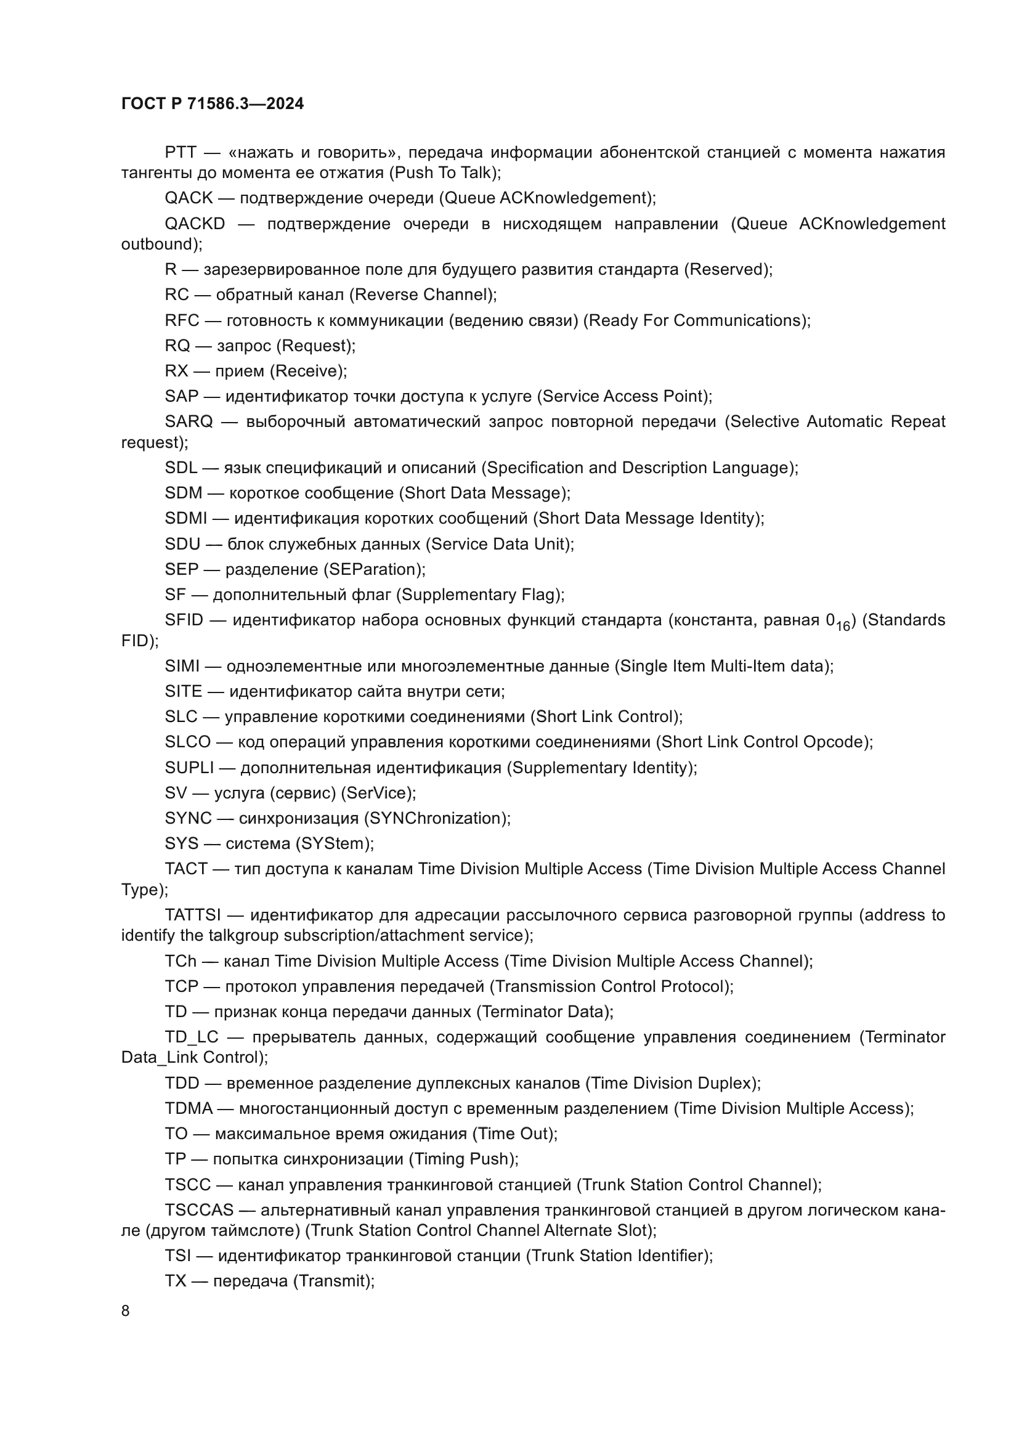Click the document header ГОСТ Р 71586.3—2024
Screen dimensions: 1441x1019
click(x=212, y=104)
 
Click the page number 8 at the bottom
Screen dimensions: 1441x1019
click(x=126, y=1311)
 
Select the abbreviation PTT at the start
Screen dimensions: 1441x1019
click(x=181, y=153)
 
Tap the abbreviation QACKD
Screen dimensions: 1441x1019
click(x=195, y=224)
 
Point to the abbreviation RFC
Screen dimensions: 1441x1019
click(x=182, y=321)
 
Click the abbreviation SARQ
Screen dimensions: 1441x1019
click(x=189, y=422)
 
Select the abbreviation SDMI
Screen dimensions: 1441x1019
click(x=185, y=518)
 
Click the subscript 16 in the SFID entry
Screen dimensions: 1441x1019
click(x=843, y=627)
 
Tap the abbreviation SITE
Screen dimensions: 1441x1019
click(x=183, y=692)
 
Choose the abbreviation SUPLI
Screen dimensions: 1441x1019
click(x=190, y=768)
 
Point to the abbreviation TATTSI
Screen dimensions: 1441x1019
click(x=193, y=915)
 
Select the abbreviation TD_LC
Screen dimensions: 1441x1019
click(x=192, y=1037)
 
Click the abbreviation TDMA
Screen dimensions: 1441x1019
click(x=189, y=1108)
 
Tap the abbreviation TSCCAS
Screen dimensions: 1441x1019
click(x=199, y=1210)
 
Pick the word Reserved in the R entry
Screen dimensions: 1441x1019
click(x=727, y=270)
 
